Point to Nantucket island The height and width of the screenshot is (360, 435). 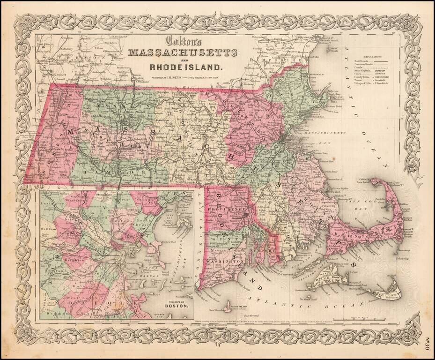click(x=384, y=293)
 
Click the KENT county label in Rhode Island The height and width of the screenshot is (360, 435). click(x=224, y=239)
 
